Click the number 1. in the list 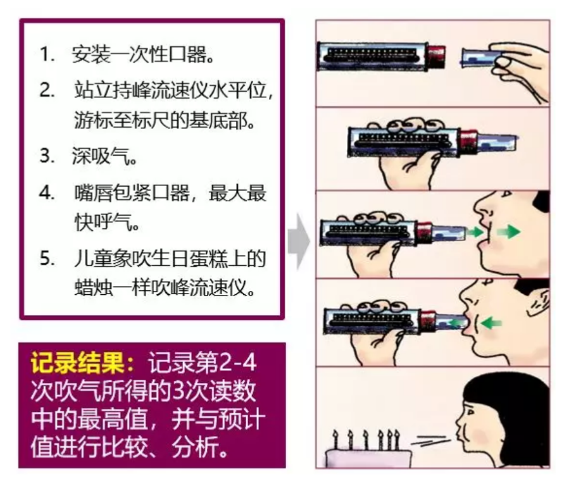47,54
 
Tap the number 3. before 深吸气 47,156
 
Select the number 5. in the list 47,259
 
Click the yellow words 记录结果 77,363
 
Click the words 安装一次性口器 142,54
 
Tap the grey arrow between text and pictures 299,241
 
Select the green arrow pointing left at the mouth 492,322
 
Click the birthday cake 369,458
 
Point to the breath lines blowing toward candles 431,440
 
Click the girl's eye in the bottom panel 470,413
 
